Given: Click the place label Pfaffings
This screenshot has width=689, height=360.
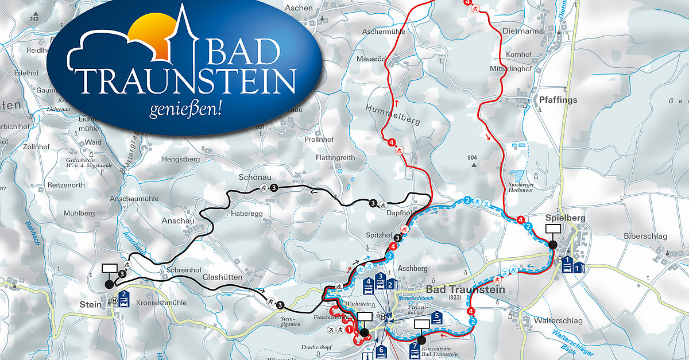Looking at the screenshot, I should [558, 100].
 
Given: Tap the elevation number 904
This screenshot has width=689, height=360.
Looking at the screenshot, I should [473, 157].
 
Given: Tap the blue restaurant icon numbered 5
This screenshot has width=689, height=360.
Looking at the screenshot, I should [438, 317].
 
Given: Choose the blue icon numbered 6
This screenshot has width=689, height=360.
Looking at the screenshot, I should [381, 351].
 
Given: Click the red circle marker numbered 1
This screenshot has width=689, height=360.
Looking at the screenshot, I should [349, 330].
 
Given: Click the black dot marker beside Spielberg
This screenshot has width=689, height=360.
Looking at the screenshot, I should [552, 245].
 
